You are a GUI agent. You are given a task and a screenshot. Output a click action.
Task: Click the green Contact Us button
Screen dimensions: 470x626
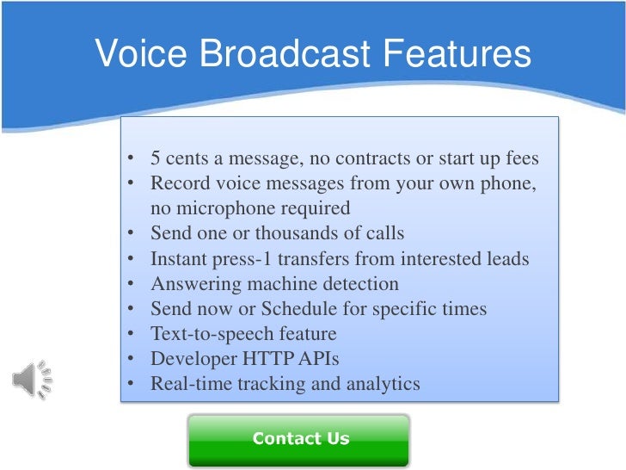[x=299, y=439]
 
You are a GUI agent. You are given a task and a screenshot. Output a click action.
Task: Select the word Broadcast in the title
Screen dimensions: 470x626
[x=288, y=53]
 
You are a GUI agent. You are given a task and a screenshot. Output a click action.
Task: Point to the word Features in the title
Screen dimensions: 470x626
[x=463, y=53]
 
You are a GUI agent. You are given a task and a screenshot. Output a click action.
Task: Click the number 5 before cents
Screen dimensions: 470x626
[x=156, y=159]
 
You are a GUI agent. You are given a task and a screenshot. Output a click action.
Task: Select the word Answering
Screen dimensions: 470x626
[x=190, y=283]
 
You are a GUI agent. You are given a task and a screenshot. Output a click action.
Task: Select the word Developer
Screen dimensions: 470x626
[x=189, y=358]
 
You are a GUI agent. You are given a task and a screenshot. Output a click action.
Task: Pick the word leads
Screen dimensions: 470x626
[x=507, y=258]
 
